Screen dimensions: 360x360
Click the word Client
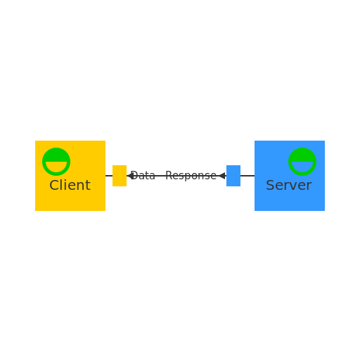point(70,186)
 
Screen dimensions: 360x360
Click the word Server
point(288,186)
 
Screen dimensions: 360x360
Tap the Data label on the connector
point(143,176)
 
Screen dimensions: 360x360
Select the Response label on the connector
point(191,176)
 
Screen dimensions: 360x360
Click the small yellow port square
point(120,176)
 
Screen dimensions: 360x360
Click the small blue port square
point(233,176)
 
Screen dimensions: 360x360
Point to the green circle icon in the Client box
point(56,162)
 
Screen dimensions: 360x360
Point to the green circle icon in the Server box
point(302,162)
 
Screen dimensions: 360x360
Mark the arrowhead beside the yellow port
point(130,176)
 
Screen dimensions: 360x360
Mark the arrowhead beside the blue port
point(222,176)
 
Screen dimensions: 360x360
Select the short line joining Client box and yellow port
point(109,176)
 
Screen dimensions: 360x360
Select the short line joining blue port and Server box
point(247,176)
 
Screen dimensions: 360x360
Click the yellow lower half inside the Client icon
point(56,167)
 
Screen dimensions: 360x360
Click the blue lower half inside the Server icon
point(302,167)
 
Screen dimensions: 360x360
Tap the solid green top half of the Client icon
point(56,155)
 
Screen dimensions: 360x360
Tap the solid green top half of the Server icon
point(302,155)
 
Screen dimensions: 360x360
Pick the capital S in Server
point(270,186)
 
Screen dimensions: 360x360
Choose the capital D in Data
point(134,176)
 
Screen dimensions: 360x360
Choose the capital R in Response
point(169,176)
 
